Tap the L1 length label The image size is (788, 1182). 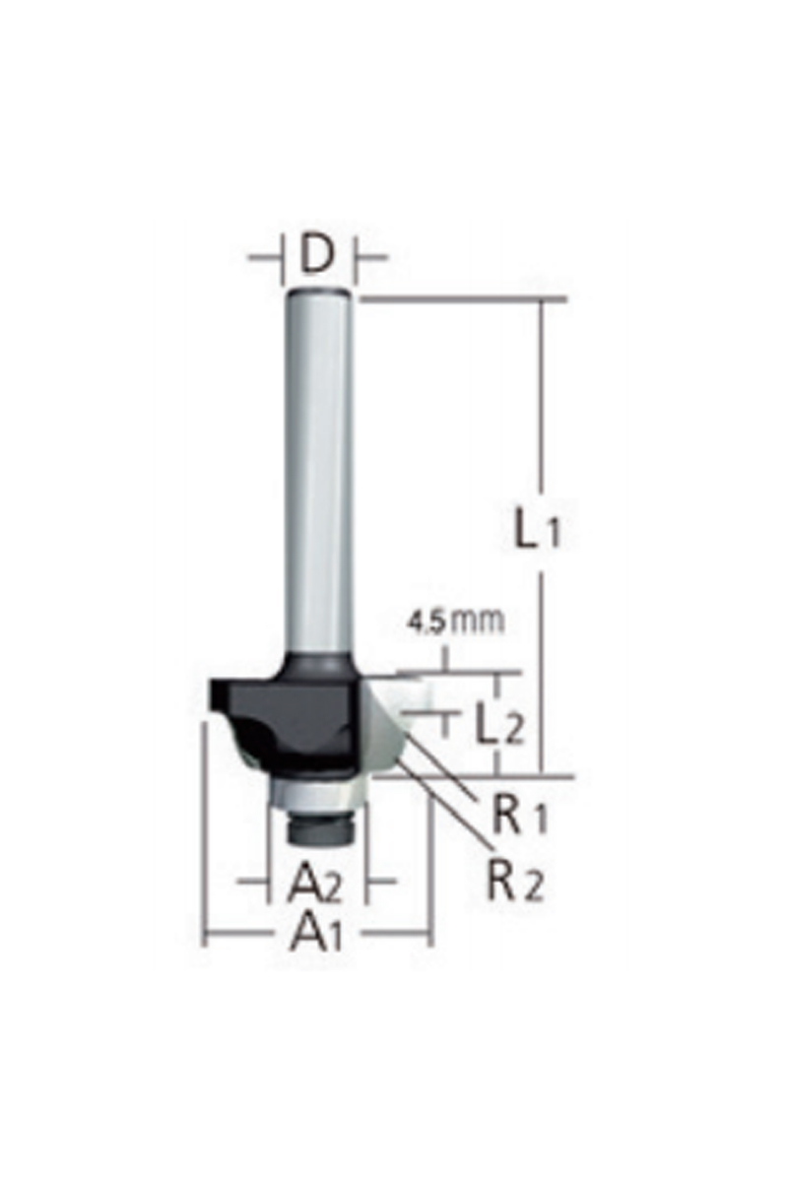(538, 532)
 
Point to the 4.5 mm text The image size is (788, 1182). (455, 622)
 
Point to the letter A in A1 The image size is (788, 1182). (307, 931)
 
